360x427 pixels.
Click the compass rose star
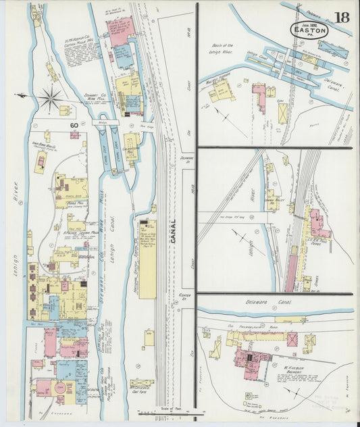click(x=49, y=99)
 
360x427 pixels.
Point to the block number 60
click(x=73, y=124)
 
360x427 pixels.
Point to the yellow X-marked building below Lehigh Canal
click(x=282, y=112)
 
